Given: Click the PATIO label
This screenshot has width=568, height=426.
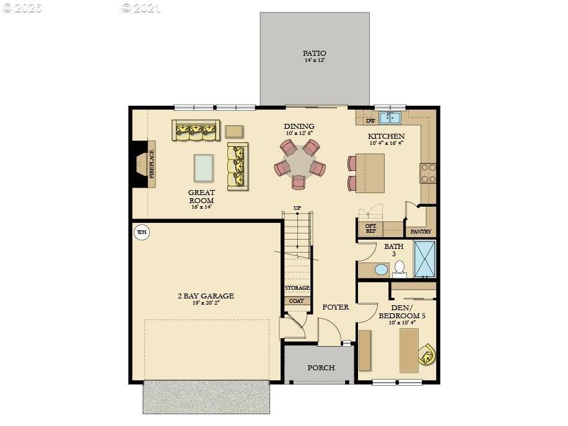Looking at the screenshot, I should point(315,53).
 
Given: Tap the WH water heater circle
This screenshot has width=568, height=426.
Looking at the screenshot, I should point(142,233).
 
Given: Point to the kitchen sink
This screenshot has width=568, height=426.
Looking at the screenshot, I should point(391,117).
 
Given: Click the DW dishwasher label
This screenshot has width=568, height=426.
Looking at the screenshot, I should point(370,121).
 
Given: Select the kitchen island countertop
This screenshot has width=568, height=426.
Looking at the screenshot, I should point(370,171).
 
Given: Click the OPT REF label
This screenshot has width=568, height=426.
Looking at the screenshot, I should point(370,228).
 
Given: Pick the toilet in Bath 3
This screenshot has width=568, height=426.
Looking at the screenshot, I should point(400,267).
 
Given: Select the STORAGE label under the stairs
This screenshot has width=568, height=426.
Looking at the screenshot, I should point(297,288).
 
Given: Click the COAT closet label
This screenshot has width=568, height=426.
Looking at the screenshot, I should point(296,301).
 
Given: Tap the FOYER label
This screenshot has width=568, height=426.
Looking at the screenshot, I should point(335,307).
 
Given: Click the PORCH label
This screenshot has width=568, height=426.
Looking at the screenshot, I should point(321,368).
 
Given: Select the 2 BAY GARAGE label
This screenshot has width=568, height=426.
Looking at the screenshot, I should point(205,296).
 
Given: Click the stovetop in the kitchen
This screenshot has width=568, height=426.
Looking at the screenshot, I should point(427,173).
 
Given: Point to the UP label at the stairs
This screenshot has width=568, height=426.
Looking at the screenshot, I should point(297,208).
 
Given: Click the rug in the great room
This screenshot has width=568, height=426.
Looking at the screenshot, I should point(204,167).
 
